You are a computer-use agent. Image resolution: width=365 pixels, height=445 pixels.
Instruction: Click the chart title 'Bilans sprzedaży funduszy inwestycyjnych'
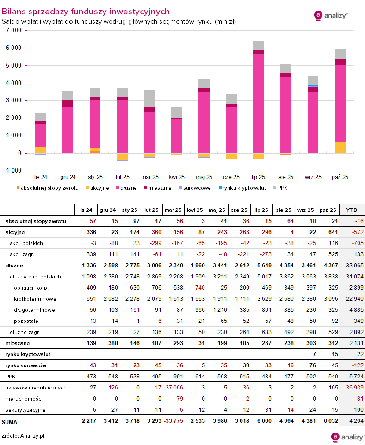[x=86, y=12]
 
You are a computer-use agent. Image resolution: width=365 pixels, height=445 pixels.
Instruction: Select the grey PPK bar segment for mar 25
[x=149, y=98]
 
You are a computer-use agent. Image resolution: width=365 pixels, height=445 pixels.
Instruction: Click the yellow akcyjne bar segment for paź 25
[x=340, y=147]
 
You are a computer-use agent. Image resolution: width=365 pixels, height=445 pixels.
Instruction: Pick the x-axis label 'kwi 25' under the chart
[x=177, y=177]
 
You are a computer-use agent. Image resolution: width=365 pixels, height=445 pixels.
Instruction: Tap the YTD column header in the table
[x=352, y=209]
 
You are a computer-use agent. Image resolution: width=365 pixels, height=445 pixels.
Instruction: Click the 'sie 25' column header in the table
[x=284, y=209]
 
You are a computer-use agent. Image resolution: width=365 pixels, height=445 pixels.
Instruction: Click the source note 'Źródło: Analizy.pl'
[x=23, y=435]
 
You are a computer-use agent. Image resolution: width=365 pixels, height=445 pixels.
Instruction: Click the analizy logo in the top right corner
[x=331, y=15]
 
